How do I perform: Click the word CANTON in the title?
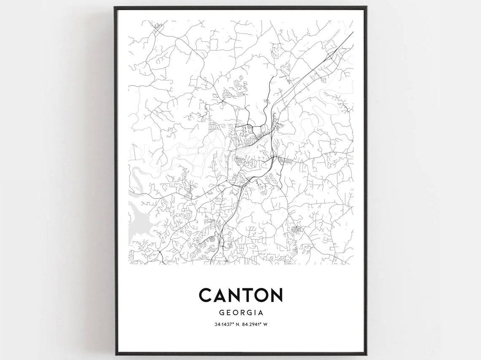240,295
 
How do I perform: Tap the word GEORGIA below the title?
240,313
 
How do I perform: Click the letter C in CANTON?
206,295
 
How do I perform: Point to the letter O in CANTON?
260,295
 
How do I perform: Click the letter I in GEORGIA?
255,313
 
